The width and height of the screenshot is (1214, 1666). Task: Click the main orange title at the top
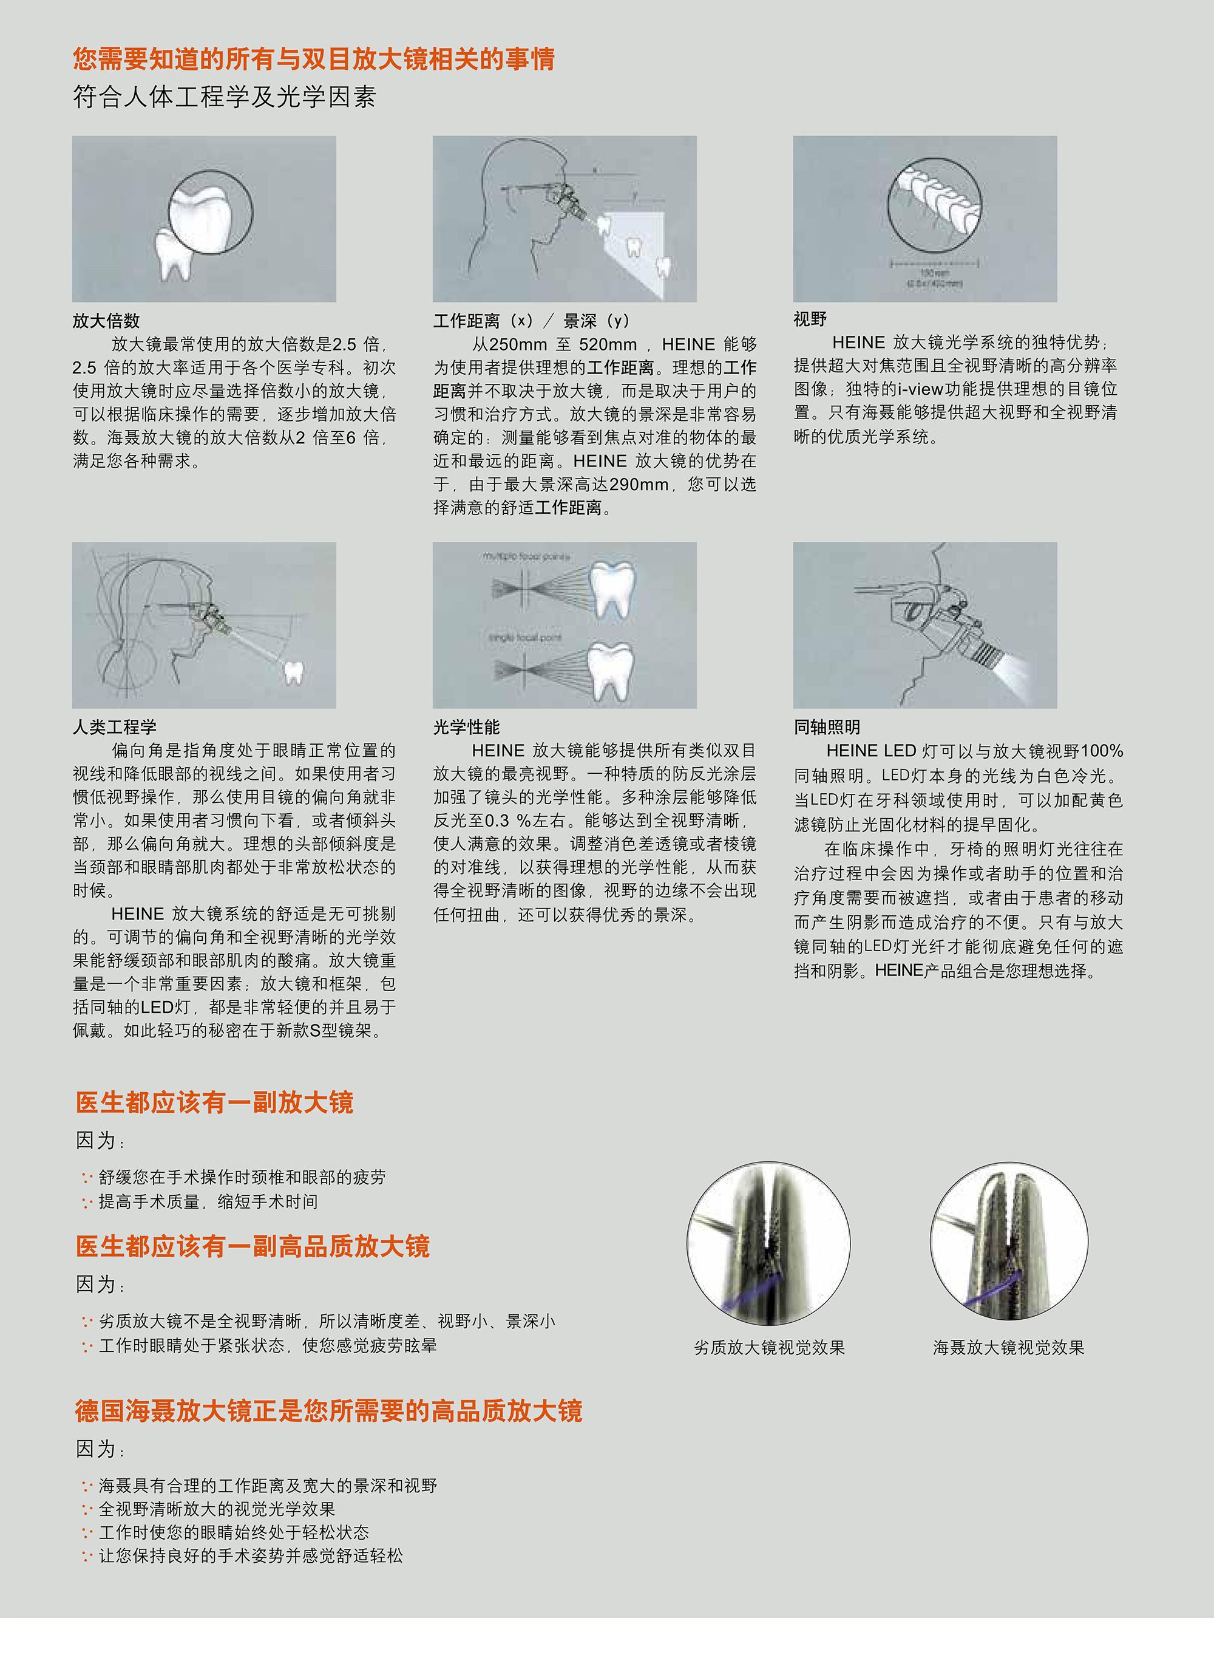314,59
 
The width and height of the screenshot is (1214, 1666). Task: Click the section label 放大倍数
106,321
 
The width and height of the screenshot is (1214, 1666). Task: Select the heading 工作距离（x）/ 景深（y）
531,321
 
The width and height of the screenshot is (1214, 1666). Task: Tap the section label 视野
810,319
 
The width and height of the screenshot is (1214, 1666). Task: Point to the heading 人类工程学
114,727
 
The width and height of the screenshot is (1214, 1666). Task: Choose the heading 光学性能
466,727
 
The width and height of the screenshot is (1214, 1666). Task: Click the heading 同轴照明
827,727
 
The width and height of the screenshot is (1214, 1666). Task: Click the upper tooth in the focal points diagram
612,588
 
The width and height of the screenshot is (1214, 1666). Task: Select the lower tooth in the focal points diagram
612,669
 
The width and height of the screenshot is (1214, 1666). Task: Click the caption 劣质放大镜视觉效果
770,1348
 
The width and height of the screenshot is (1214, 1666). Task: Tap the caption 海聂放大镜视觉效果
1008,1348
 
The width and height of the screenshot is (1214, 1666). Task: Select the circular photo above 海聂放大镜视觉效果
1009,1241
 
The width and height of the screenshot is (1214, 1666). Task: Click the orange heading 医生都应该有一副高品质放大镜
253,1247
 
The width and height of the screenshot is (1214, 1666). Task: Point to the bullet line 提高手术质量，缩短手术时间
208,1201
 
